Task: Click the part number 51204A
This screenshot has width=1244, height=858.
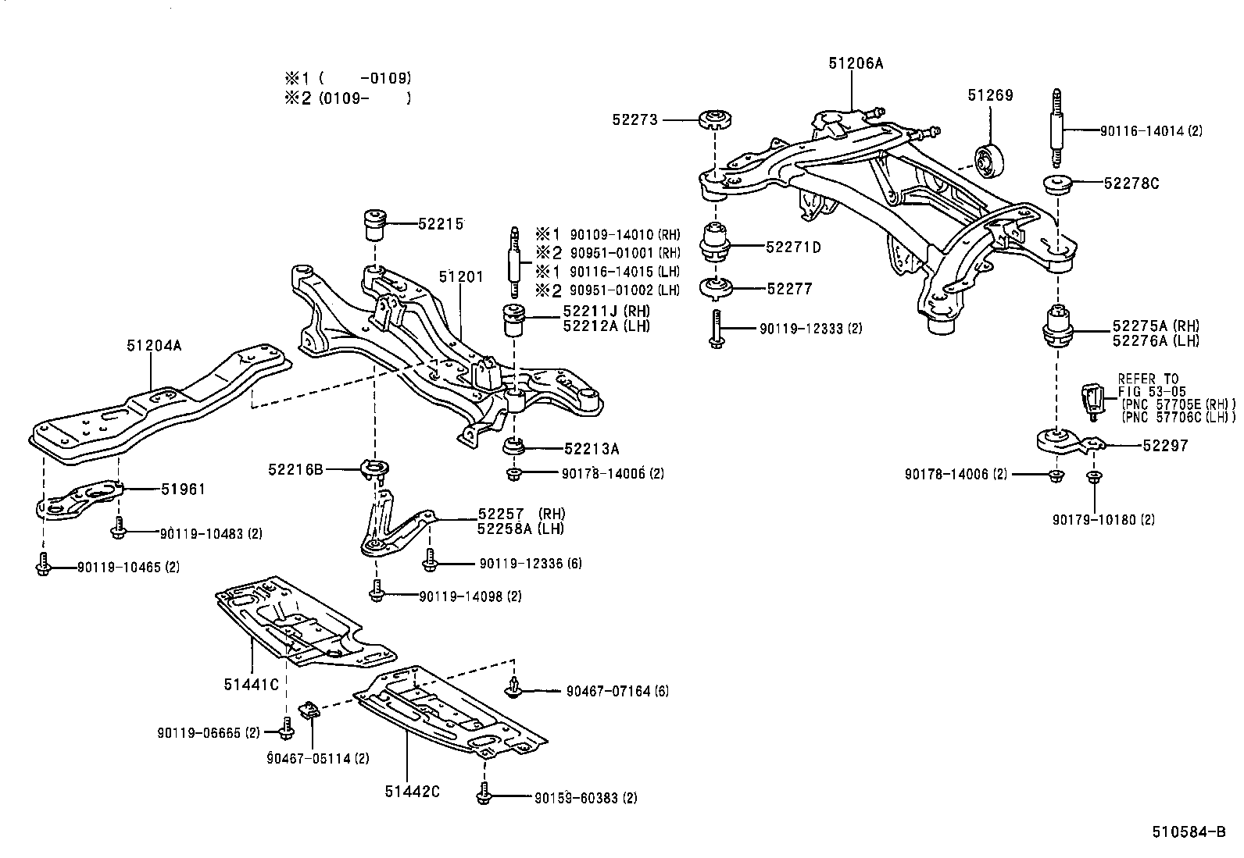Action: (x=154, y=344)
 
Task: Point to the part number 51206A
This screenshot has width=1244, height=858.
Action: (x=856, y=63)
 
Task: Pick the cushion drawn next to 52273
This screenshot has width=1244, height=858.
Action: (x=714, y=121)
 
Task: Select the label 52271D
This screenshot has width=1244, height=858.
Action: (x=793, y=247)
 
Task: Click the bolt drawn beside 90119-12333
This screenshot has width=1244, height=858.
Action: (x=716, y=329)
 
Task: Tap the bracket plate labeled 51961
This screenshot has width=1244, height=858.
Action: (x=82, y=500)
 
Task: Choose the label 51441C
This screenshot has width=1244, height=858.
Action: (x=251, y=685)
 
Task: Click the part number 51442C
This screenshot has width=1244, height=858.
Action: (x=412, y=791)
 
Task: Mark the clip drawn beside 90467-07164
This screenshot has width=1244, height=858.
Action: (x=513, y=687)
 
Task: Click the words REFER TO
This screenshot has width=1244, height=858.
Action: (x=1148, y=379)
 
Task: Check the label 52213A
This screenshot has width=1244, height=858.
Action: (x=592, y=448)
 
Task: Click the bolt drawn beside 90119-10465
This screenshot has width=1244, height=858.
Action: (x=44, y=565)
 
